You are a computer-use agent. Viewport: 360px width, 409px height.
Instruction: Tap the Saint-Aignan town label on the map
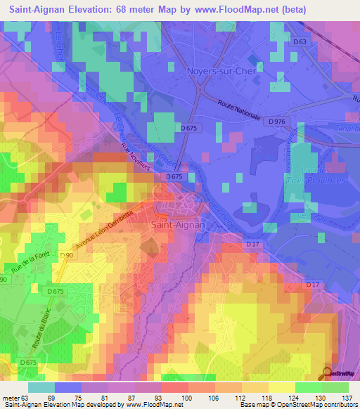(178, 225)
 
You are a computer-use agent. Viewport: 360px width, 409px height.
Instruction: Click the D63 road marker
(300, 42)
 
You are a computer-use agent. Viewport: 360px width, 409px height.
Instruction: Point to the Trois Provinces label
(320, 180)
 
